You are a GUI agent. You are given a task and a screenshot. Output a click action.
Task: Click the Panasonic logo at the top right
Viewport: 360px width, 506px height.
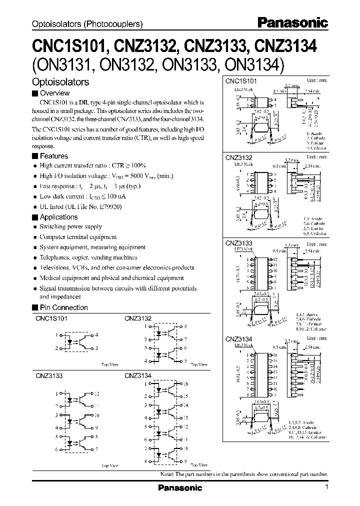[x=292, y=22]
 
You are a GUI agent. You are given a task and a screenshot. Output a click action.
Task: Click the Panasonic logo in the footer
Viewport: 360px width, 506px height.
[x=179, y=487]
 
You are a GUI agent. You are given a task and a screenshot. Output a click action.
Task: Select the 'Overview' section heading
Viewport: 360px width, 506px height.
[x=54, y=93]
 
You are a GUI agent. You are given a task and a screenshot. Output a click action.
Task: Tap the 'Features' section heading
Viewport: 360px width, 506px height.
[x=53, y=156]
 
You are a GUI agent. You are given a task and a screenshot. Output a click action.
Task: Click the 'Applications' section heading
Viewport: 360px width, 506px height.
[x=58, y=217]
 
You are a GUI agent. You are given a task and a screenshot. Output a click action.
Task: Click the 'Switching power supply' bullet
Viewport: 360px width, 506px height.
[x=70, y=227]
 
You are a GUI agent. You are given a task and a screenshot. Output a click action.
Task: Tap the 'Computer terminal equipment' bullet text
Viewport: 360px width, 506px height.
[x=78, y=237]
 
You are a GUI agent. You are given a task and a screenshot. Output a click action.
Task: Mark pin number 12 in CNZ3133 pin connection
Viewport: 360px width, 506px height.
[x=96, y=393]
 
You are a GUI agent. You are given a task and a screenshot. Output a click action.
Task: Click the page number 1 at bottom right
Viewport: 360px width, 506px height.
[x=326, y=487]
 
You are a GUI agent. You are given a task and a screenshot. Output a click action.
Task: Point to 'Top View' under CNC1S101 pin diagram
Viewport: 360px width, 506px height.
[x=109, y=365]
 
